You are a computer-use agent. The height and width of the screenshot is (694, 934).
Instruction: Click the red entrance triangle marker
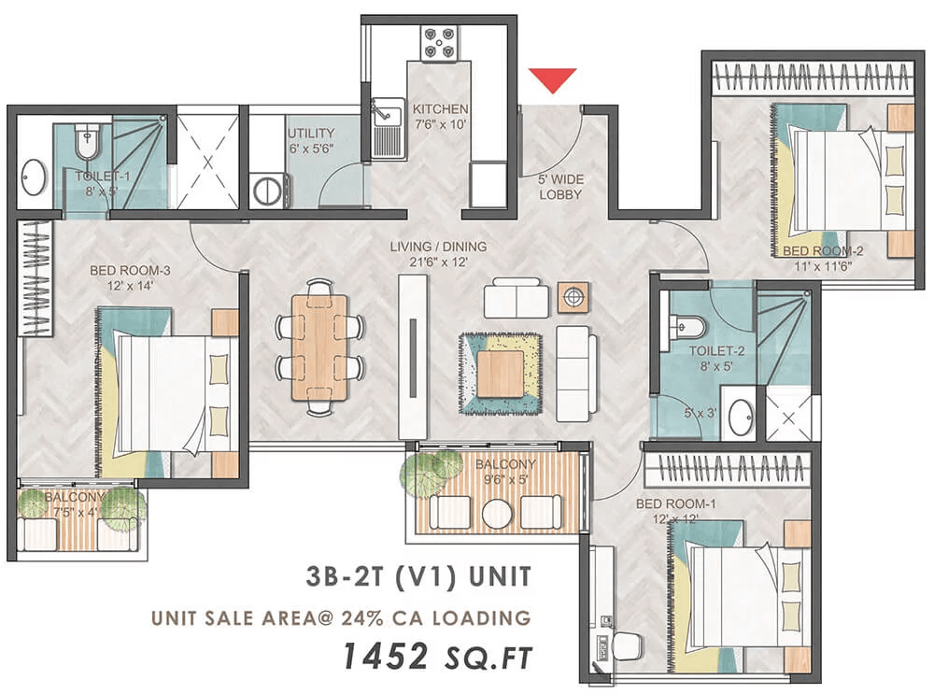551,80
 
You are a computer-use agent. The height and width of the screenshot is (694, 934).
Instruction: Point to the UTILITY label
311,133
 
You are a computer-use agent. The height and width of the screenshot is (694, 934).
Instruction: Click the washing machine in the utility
271,191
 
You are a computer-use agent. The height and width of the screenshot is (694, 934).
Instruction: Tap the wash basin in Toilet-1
35,177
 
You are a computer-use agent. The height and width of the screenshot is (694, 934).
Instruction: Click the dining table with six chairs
318,347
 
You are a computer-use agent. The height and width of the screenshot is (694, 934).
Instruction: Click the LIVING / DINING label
439,247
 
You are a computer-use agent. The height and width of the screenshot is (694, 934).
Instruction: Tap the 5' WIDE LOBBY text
560,187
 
